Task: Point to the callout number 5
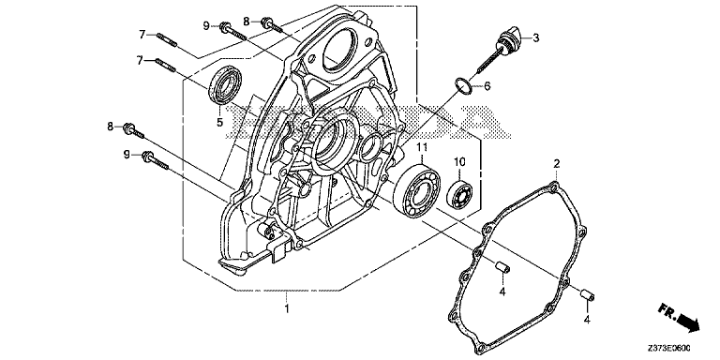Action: tap(220, 121)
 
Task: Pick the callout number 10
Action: tap(460, 162)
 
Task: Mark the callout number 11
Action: tap(422, 149)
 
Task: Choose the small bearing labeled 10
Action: tap(459, 195)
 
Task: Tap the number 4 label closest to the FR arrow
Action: tap(586, 321)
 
